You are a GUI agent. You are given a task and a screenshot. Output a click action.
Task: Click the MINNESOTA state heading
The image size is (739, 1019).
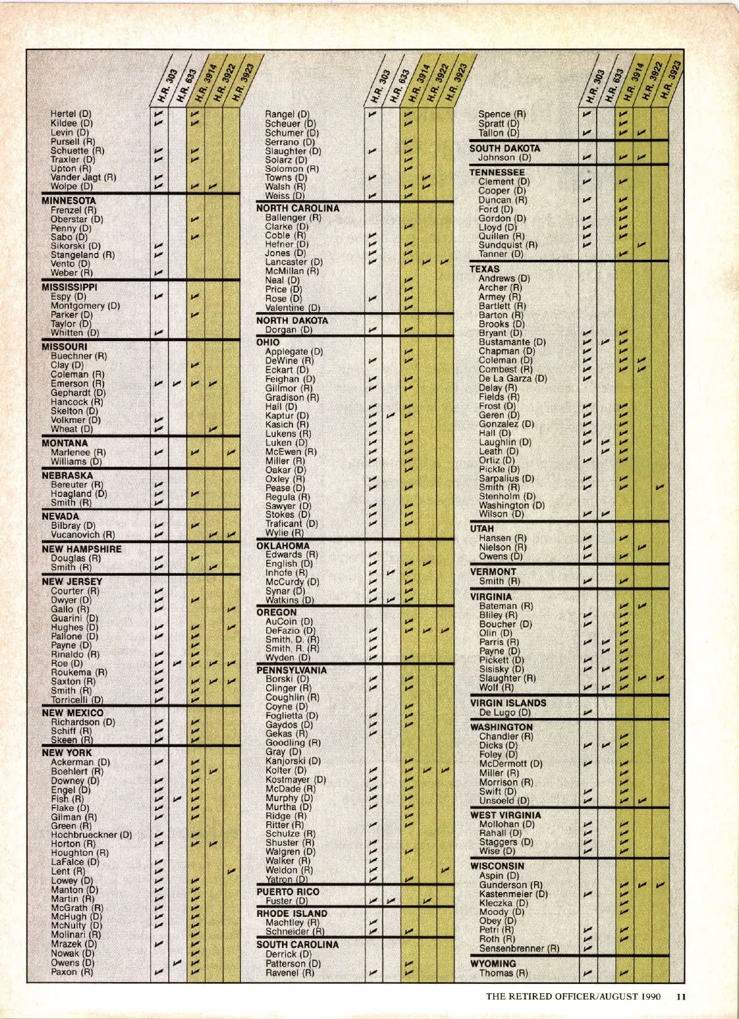(68, 201)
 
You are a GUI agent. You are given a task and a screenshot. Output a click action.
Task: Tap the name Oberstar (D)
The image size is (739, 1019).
(76, 219)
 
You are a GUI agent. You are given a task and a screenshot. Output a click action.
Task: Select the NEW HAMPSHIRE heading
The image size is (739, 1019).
(81, 549)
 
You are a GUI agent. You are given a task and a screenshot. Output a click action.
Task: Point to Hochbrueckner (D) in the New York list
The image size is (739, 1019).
(91, 835)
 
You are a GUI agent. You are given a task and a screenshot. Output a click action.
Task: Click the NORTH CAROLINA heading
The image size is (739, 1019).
(297, 208)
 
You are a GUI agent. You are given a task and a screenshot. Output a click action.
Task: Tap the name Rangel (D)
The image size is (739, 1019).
(287, 114)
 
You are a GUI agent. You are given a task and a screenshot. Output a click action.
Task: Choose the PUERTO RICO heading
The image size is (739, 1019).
(288, 892)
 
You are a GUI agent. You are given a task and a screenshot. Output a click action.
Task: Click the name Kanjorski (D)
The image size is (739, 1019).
(293, 761)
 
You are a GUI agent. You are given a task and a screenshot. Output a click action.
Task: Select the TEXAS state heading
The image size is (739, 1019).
(485, 269)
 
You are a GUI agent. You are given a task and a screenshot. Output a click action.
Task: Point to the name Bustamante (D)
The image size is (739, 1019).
(512, 342)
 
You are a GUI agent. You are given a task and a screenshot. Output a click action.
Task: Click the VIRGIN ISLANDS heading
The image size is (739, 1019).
(508, 703)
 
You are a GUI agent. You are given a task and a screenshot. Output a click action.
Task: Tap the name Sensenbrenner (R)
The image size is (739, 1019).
(519, 948)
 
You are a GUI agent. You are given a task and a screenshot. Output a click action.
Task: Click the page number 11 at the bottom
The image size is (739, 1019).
(680, 996)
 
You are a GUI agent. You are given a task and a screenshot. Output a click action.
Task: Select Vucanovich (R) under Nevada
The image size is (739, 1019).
(83, 535)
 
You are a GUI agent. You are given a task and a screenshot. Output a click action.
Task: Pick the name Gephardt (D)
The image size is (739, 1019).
(78, 393)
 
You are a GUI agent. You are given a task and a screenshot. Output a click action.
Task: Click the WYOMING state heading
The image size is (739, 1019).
(493, 964)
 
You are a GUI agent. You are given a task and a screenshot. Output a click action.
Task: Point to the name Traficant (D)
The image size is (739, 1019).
(291, 524)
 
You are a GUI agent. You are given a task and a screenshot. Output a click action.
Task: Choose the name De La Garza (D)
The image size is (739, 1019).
(512, 379)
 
